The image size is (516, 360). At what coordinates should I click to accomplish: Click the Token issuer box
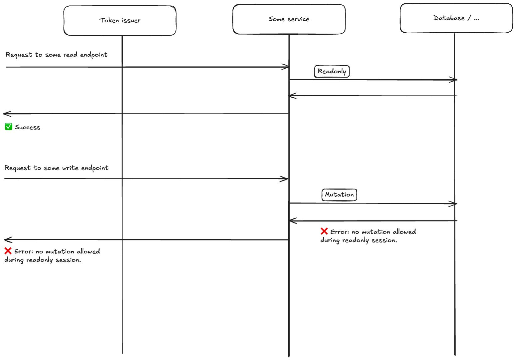pos(120,21)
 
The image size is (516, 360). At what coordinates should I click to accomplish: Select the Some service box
pos(289,19)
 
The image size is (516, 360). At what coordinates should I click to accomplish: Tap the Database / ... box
pos(456,18)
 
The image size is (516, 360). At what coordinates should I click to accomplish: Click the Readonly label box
pos(332,71)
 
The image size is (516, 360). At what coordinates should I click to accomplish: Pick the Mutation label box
pos(339,195)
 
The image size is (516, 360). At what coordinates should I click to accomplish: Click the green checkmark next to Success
pos(9,127)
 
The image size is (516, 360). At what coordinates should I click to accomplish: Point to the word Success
pos(28,128)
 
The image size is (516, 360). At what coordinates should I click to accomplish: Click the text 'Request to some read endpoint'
pos(57,55)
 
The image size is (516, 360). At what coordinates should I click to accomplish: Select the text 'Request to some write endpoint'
pos(57,168)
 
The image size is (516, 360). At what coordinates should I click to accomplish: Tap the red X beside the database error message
pos(324,231)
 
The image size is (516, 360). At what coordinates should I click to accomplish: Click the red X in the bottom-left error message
pos(8,251)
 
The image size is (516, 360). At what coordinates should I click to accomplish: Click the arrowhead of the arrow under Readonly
pos(454,80)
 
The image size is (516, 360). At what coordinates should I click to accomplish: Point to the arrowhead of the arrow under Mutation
pos(454,204)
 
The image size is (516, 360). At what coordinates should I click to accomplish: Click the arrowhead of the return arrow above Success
pos(7,114)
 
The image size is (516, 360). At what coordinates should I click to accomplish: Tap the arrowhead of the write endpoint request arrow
pos(285,179)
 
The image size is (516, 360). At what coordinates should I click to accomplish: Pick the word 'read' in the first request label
pos(70,55)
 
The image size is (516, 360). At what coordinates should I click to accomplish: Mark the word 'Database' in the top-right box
pos(449,18)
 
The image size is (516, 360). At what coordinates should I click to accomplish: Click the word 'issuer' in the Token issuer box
pos(131,21)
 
